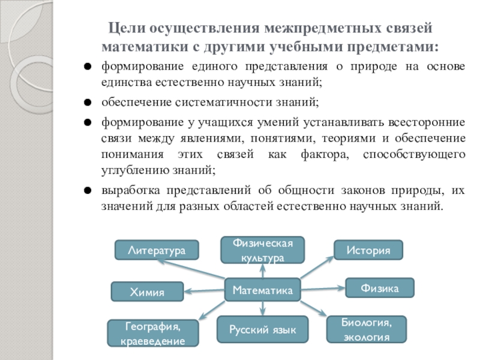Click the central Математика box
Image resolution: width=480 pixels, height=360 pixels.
[262, 290]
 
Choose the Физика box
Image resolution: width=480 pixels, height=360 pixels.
[380, 289]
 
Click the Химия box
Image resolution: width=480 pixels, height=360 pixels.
[147, 292]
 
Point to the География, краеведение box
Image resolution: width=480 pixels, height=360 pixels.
[152, 334]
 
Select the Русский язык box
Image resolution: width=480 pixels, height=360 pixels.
[262, 329]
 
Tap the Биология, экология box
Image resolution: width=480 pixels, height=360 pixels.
[366, 329]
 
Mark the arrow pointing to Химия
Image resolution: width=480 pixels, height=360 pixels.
[204, 290]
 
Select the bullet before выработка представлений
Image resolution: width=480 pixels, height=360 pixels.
[88, 191]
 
